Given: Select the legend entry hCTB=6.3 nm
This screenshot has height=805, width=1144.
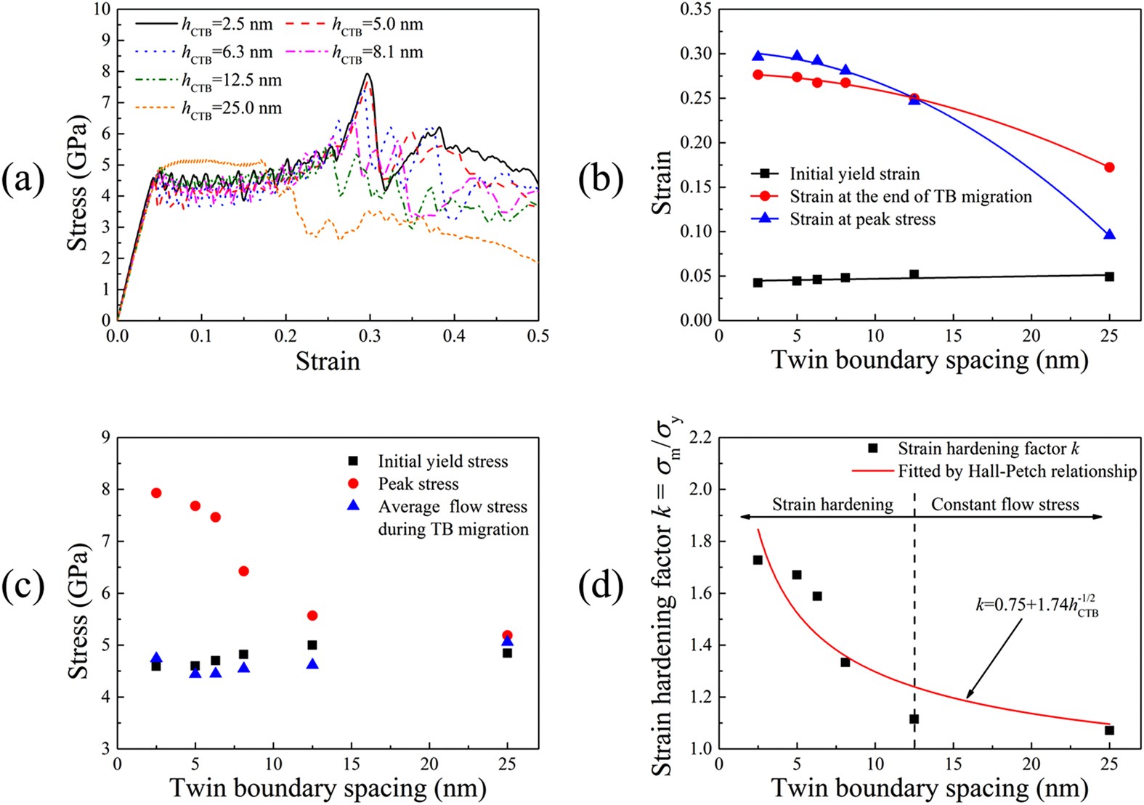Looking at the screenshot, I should [x=227, y=52].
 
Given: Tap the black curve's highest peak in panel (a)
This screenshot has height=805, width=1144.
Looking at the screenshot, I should [x=368, y=74].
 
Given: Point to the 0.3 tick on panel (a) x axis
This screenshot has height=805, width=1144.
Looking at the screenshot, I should [x=370, y=335].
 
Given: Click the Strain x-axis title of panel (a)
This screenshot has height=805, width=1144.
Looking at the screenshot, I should [x=328, y=361].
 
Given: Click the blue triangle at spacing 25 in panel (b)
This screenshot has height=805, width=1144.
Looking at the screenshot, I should [x=1109, y=234].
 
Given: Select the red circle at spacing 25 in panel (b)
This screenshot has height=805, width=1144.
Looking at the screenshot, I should [x=1109, y=168].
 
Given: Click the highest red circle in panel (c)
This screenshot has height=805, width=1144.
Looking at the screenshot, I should [x=156, y=493].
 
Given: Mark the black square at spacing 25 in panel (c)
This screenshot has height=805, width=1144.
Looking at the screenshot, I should [x=507, y=653].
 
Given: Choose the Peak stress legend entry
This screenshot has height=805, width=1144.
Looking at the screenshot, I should [x=418, y=484].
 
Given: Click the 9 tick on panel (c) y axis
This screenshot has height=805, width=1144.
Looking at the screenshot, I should [x=106, y=438].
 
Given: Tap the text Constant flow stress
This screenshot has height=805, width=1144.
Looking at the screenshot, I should [x=1005, y=504].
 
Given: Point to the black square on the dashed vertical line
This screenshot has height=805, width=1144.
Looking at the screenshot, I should [x=914, y=719].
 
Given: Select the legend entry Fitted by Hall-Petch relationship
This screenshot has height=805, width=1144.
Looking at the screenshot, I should [x=1016, y=472].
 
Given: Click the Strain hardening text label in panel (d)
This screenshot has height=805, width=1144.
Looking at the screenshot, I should [x=832, y=504].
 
